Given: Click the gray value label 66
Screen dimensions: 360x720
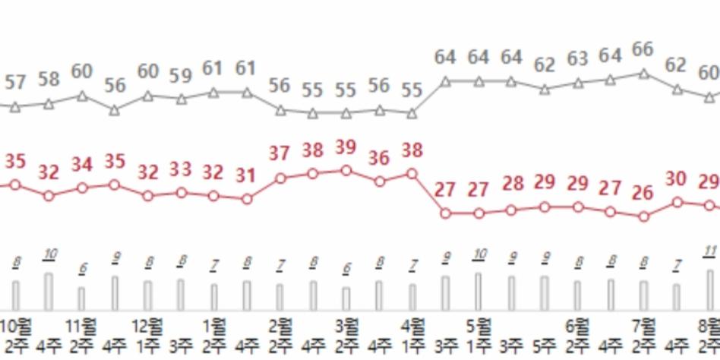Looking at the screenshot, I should (643, 49).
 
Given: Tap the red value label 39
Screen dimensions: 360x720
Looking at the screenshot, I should (346, 147).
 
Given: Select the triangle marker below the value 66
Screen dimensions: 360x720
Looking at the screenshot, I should (643, 74).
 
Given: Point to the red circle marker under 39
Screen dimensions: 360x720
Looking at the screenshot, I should (346, 170).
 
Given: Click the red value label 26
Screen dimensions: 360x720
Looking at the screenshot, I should (643, 193).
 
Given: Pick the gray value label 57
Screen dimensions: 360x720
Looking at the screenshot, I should (16, 81).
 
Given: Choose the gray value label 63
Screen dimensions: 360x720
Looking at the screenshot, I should (578, 58).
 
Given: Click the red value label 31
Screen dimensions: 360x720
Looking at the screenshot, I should (246, 175).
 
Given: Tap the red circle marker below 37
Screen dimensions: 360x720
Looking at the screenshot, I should (280, 178).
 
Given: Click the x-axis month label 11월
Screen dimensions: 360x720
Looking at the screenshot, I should (82, 328).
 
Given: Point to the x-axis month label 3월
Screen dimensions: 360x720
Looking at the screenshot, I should (346, 328).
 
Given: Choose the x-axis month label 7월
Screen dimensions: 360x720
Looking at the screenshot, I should (643, 328).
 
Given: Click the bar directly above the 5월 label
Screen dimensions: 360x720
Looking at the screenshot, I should (478, 292).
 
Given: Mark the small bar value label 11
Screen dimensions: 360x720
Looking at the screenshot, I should (709, 251).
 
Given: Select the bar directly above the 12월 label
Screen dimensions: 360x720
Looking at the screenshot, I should (148, 295).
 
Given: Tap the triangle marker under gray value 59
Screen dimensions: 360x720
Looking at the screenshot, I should (181, 99).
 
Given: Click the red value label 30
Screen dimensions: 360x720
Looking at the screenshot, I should (676, 179).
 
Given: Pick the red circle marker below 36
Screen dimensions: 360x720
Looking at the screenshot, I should (380, 182).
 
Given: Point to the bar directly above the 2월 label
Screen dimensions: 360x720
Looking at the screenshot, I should (280, 297).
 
